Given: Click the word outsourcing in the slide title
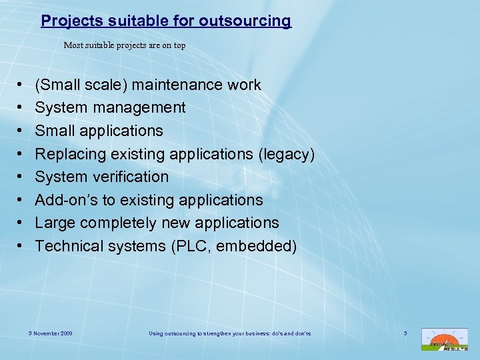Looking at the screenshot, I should pyautogui.click(x=248, y=21).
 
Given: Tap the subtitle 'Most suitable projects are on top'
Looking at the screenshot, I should pyautogui.click(x=125, y=46).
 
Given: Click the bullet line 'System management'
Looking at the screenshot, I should pyautogui.click(x=110, y=107).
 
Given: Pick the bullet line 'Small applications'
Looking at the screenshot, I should pyautogui.click(x=99, y=131).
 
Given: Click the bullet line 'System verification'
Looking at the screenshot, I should pyautogui.click(x=102, y=177).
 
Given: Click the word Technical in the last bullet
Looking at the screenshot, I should pyautogui.click(x=69, y=246).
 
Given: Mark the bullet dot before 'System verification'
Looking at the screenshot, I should pyautogui.click(x=19, y=177).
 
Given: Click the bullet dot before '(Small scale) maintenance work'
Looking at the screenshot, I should pyautogui.click(x=19, y=85).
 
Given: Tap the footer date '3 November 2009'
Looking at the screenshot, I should pyautogui.click(x=50, y=333).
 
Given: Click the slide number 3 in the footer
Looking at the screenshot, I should pyautogui.click(x=405, y=333).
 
